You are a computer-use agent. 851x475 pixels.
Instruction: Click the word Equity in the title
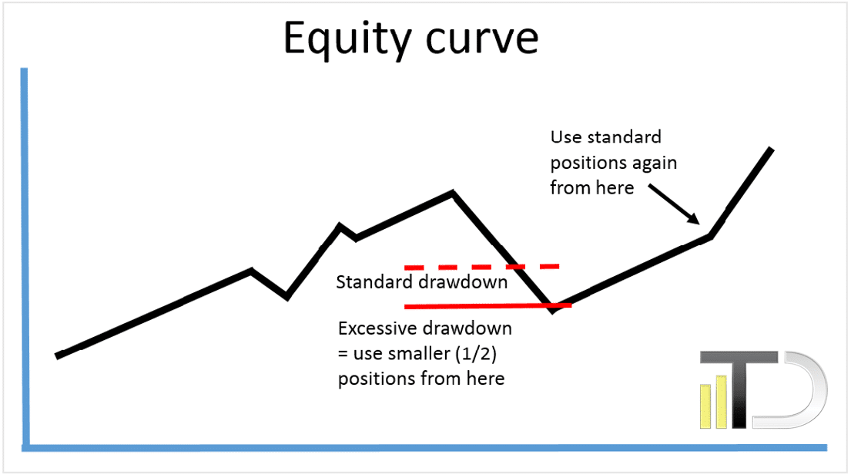point(347,39)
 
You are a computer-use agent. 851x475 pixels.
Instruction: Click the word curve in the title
point(482,39)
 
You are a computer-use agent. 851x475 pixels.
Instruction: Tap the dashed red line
point(481,267)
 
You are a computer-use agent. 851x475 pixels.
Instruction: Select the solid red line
point(488,307)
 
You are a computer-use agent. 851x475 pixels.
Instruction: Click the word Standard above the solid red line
point(374,282)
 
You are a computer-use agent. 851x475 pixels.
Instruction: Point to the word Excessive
point(377,328)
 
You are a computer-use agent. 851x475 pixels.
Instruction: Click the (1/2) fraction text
point(476,354)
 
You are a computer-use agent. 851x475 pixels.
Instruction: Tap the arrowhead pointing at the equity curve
point(694,219)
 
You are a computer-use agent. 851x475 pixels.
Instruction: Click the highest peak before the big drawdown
point(453,192)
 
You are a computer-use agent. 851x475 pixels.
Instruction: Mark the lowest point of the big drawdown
point(552,310)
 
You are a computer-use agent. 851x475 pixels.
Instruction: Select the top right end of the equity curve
point(770,150)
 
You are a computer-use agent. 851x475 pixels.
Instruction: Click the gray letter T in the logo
point(739,389)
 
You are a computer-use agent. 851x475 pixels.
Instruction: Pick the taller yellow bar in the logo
point(722,402)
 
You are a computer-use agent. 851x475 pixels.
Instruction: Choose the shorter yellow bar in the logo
point(705,406)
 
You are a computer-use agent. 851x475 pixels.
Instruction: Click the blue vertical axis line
point(25,258)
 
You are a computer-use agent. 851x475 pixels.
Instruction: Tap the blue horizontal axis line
point(424,448)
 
